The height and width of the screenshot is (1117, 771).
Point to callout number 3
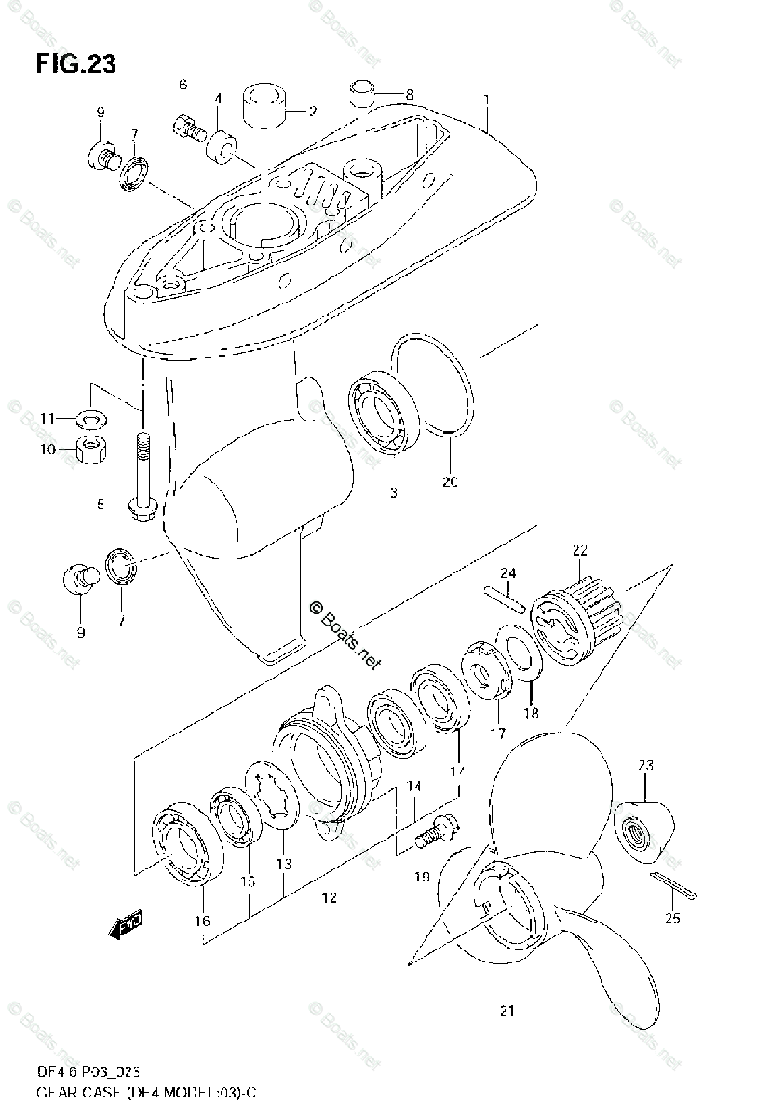tap(393, 493)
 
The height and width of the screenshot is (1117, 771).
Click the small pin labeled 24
tap(506, 599)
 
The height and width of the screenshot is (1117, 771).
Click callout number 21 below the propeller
tap(507, 1010)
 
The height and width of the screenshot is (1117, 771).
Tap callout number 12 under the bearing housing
tap(330, 897)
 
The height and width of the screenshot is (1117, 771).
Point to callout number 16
tap(202, 922)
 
